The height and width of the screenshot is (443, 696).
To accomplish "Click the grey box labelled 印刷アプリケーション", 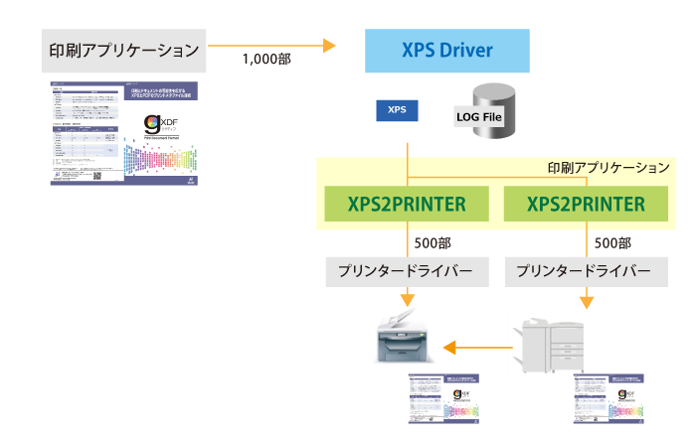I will coord(123,49).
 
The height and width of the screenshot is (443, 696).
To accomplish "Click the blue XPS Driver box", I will coord(446,50).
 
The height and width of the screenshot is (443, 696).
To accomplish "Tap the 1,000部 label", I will coord(266,60).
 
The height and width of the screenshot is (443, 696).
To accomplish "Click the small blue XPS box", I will coord(396,109).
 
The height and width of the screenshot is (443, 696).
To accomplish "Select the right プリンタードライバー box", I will coord(578,271).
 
